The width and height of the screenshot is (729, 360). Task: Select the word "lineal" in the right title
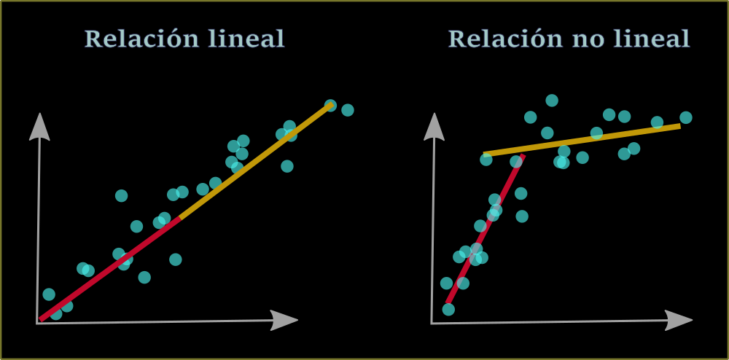point(651,39)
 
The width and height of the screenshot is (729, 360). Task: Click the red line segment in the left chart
point(109,269)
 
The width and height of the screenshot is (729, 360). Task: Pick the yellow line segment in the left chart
point(255,161)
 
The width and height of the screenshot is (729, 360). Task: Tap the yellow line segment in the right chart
point(583,140)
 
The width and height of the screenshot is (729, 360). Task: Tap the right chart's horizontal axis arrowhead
point(679,319)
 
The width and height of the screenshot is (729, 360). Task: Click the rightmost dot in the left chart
point(348,110)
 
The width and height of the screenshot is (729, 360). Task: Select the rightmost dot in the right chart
point(686,117)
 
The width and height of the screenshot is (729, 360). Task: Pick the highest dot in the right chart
point(552,101)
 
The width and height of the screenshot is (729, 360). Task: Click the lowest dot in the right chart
point(448,310)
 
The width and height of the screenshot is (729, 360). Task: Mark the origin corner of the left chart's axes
point(37,323)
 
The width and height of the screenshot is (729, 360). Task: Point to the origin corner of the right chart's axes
point(432,323)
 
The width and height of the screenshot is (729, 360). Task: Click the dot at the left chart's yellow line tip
point(330,106)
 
